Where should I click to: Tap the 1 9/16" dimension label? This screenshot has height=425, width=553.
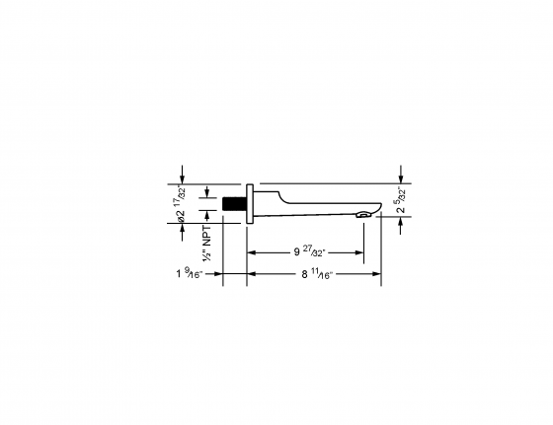(x=189, y=275)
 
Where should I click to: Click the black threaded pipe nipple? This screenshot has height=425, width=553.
(x=233, y=204)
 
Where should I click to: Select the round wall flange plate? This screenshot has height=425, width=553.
(x=251, y=204)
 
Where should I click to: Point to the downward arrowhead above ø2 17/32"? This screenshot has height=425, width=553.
(x=182, y=178)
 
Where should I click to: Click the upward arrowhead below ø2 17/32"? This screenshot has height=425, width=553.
(x=182, y=229)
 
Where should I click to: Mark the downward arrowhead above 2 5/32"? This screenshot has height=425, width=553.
(x=400, y=178)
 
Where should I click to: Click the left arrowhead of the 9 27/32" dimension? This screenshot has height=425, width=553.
(x=251, y=252)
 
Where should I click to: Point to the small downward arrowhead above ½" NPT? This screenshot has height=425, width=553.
(x=206, y=194)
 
